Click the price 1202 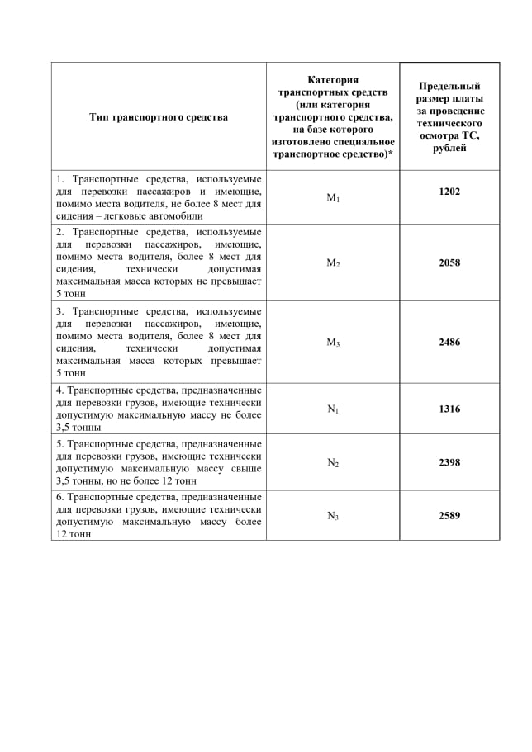(x=449, y=192)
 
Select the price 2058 (x=449, y=263)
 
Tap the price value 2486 (x=449, y=342)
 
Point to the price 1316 (x=449, y=409)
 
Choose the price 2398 (x=449, y=462)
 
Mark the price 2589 (x=449, y=516)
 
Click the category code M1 (x=333, y=198)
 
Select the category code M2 (x=333, y=263)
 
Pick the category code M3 (x=333, y=343)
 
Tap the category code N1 (x=333, y=409)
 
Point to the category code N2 (x=333, y=463)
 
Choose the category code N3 (x=333, y=517)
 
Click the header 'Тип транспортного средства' (x=159, y=117)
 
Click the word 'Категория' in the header (x=333, y=80)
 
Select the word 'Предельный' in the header (x=449, y=86)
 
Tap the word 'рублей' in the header (x=449, y=148)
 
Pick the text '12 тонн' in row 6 (x=74, y=534)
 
